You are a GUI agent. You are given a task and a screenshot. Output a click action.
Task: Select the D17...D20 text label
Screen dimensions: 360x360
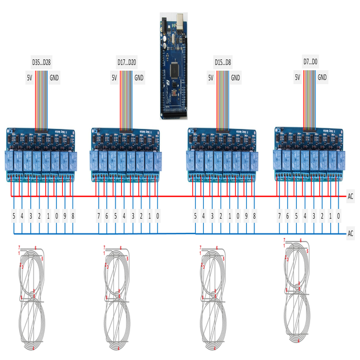pos(127,61)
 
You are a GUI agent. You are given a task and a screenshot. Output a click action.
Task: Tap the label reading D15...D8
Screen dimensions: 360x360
pos(222,61)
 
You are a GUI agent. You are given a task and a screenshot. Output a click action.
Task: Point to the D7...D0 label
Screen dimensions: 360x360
pos(310,61)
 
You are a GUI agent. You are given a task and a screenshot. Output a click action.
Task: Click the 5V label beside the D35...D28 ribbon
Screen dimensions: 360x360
pos(29,77)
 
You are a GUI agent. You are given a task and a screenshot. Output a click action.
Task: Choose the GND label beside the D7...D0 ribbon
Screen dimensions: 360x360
pos(322,77)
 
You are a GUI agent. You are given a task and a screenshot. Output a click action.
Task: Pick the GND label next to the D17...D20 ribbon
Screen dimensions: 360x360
pos(139,77)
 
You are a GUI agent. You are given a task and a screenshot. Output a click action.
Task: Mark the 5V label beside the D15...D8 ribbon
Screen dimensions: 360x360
pos(211,77)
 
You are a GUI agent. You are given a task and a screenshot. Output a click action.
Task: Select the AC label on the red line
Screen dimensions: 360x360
pos(351,196)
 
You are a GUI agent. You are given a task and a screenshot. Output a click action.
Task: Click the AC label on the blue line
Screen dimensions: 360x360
pos(351,233)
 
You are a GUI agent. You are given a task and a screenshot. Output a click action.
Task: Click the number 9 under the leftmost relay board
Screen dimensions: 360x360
pos(63,215)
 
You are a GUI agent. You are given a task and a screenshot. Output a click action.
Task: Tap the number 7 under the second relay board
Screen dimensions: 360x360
pos(98,215)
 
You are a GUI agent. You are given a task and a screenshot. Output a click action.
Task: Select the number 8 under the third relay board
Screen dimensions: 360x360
pos(254,215)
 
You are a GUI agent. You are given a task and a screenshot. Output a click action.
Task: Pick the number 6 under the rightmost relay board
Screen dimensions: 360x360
pos(289,215)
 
